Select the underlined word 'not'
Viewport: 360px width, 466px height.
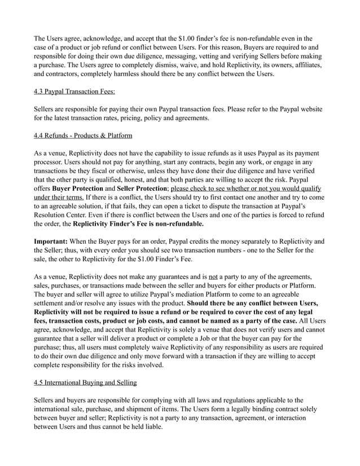tap(213, 276)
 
